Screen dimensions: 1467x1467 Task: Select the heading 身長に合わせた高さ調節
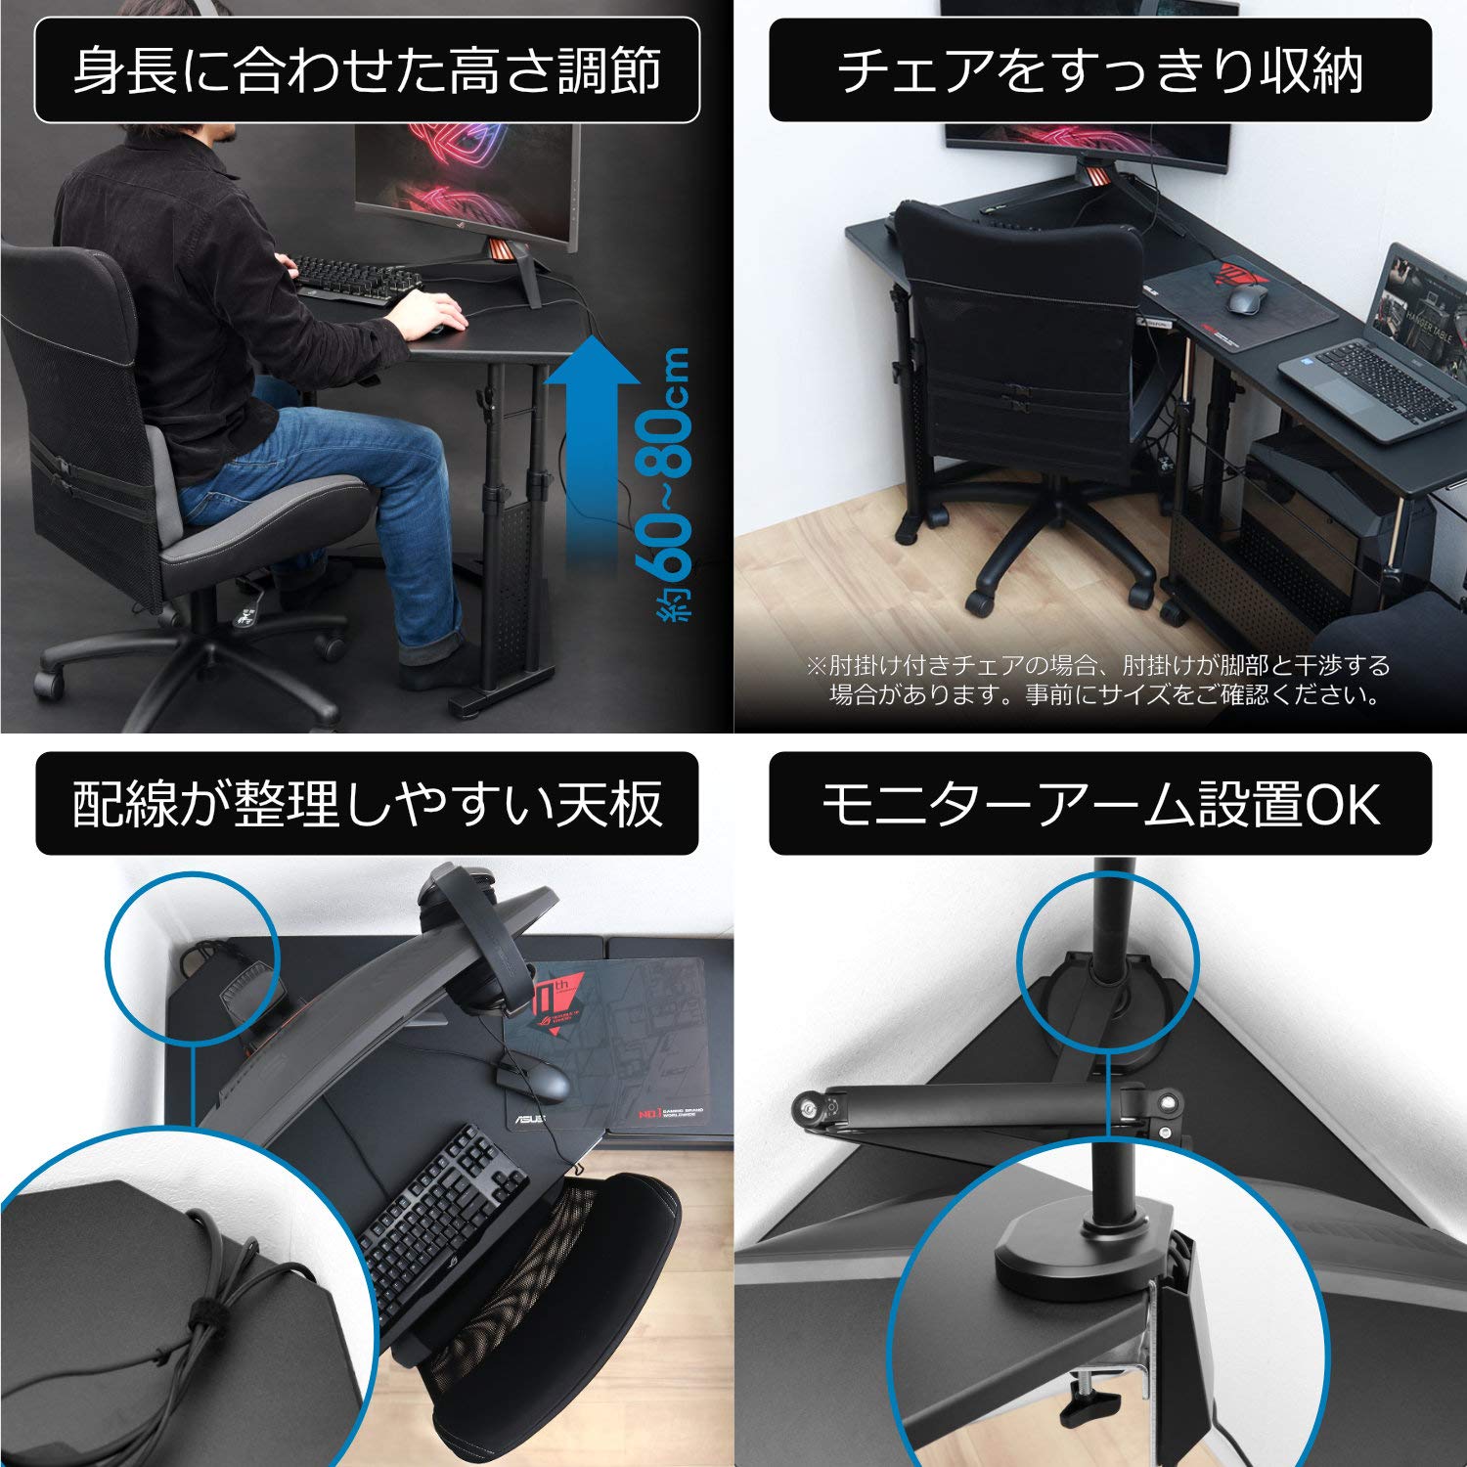point(368,70)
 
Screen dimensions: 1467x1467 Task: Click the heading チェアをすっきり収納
point(1100,70)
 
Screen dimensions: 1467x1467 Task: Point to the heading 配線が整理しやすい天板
point(368,804)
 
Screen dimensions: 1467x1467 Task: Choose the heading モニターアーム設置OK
point(1100,804)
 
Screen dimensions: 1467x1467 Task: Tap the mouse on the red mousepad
point(1244,298)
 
